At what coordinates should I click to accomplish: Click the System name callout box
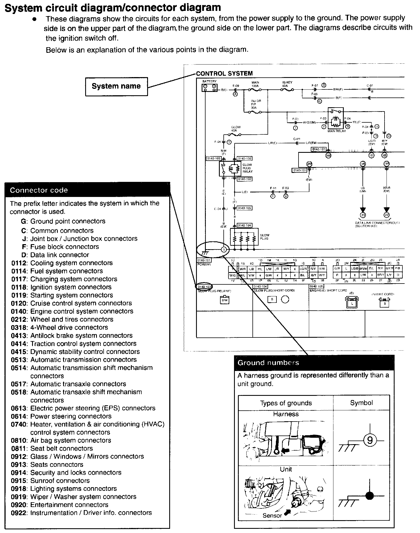tap(116, 86)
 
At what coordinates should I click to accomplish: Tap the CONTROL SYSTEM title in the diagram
tap(224, 73)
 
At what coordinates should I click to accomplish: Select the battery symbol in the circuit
tap(209, 88)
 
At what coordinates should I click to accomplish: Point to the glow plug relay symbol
tap(230, 168)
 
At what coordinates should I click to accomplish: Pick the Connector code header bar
tap(87, 190)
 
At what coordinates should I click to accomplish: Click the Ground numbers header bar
tap(314, 363)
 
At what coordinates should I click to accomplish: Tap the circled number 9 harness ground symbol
tap(370, 441)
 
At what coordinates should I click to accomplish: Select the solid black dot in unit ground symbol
tap(369, 496)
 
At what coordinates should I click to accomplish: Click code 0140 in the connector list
tap(19, 311)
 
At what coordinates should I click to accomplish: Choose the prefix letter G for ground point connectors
tap(24, 221)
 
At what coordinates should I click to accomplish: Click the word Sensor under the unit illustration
tap(272, 516)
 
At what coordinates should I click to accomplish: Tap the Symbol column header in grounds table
tap(361, 403)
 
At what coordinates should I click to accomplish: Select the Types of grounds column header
tap(286, 403)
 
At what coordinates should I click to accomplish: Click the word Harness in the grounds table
tap(286, 414)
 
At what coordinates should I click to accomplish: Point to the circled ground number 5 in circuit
tap(224, 249)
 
